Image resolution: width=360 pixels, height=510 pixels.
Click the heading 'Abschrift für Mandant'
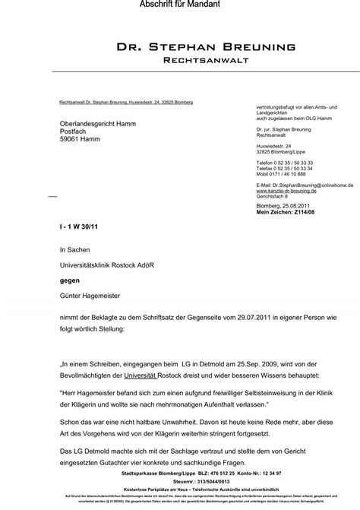pos(179,5)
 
